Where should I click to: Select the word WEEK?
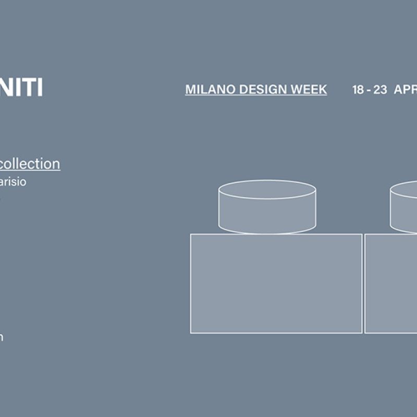pyautogui.click(x=310, y=90)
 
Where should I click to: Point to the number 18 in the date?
pyautogui.click(x=358, y=90)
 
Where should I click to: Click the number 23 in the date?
pyautogui.click(x=380, y=90)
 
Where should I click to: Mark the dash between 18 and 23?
pyautogui.click(x=369, y=90)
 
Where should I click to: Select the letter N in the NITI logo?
pyautogui.click(x=5, y=88)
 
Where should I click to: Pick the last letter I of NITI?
pyautogui.click(x=40, y=88)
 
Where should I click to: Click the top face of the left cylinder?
pyautogui.click(x=267, y=189)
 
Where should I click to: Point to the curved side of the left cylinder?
pyautogui.click(x=267, y=216)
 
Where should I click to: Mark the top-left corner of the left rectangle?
pyautogui.click(x=191, y=235)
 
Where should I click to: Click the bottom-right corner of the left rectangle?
pyautogui.click(x=362, y=333)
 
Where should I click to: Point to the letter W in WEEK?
pyautogui.click(x=298, y=90)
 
